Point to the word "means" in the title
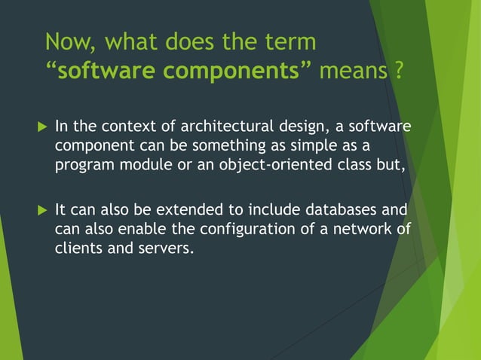point(351,73)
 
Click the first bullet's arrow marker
point(41,126)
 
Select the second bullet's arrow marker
point(41,209)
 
